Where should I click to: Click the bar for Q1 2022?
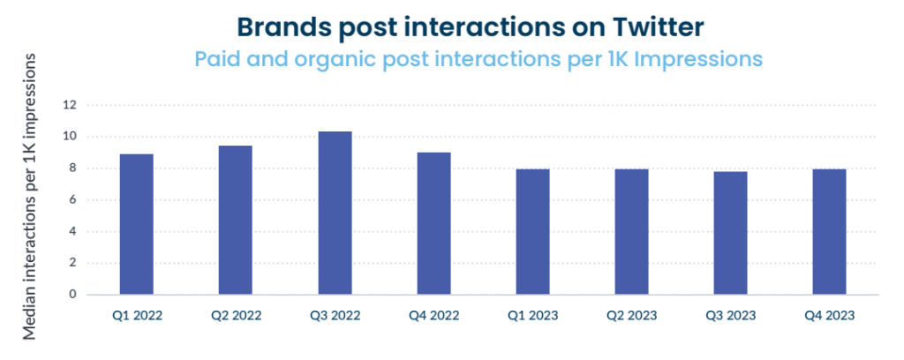point(137,224)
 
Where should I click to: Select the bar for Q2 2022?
point(235,220)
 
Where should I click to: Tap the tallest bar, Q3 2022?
point(335,214)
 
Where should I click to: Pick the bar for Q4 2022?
point(433,223)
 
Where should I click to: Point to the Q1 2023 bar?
point(532,231)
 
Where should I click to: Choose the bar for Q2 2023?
point(631,231)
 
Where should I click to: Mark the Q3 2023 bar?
point(730,233)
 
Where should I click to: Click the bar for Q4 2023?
point(830,231)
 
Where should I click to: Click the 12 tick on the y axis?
point(71,105)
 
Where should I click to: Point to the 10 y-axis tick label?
point(71,137)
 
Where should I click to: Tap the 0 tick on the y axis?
point(73,295)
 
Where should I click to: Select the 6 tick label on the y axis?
point(73,200)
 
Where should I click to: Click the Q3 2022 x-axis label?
point(335,316)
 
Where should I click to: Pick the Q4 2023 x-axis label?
point(830,316)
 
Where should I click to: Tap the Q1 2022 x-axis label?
point(137,316)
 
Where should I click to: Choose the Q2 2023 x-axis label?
point(631,316)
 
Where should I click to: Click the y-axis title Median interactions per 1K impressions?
point(29,197)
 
